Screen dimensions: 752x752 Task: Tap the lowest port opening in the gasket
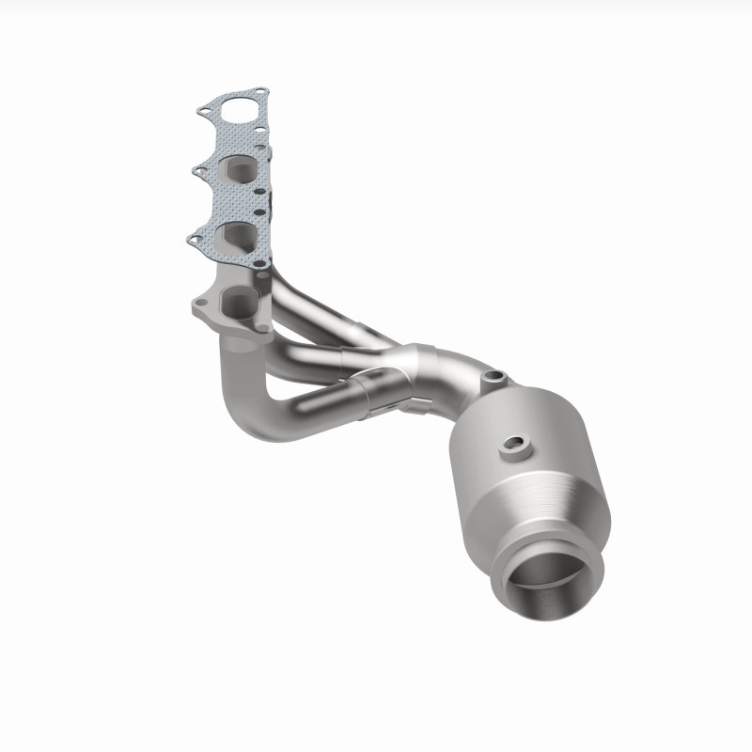[x=234, y=235]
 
